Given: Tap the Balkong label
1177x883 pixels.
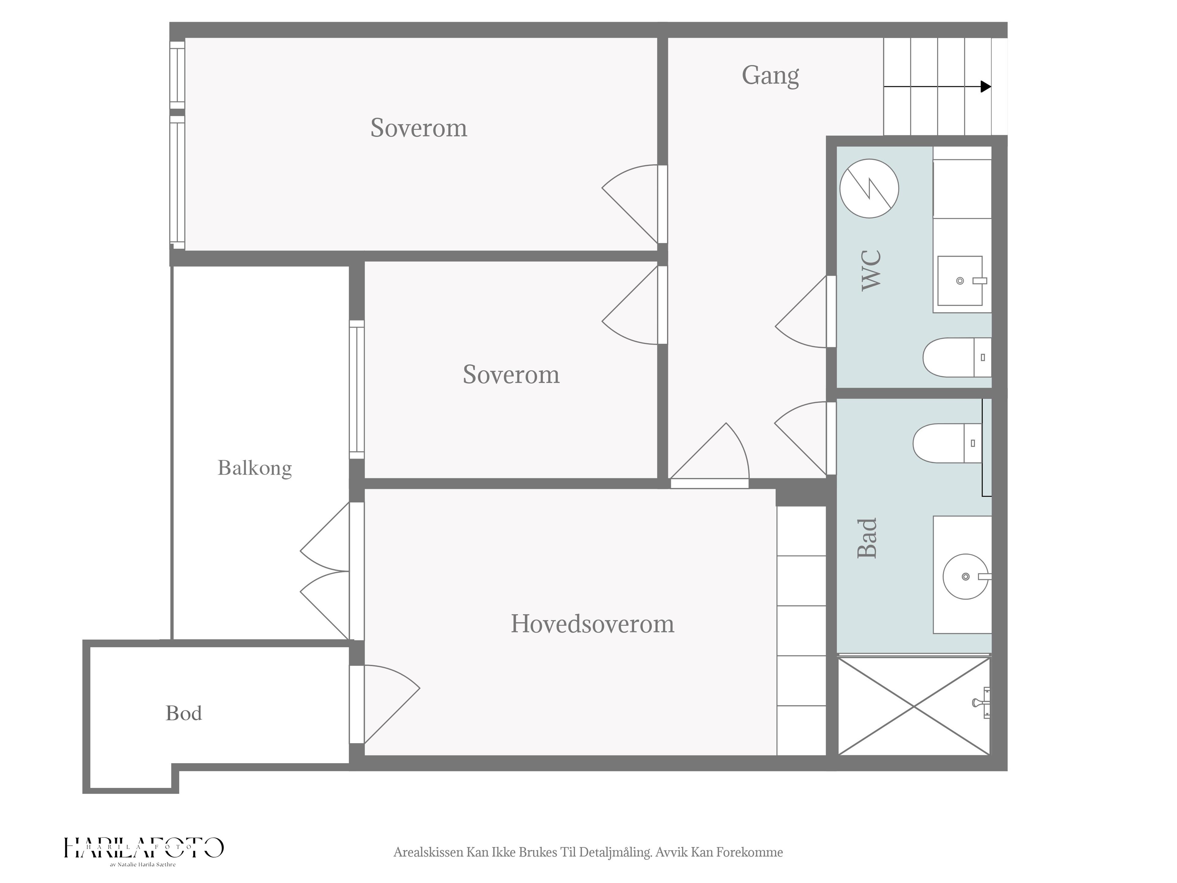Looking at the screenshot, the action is [255, 468].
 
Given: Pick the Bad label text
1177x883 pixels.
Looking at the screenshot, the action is [867, 538].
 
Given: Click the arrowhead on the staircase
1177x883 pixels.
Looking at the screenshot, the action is [986, 86].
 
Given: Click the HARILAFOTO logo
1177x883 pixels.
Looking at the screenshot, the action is [144, 847].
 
